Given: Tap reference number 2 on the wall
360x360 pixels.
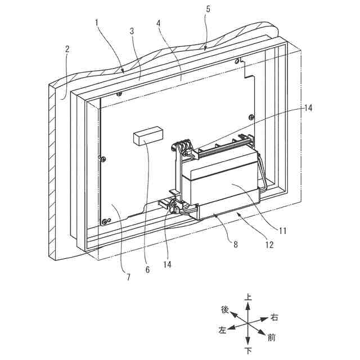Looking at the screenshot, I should [x=67, y=49].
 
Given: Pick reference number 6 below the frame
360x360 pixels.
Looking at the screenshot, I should [x=148, y=270].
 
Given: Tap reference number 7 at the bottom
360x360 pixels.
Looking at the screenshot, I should [x=128, y=277].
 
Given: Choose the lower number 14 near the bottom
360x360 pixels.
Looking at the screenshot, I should [x=166, y=263].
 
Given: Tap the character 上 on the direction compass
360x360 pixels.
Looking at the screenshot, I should [x=248, y=297].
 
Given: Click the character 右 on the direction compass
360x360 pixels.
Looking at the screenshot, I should [x=274, y=318].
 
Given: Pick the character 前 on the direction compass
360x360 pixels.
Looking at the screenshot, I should [x=272, y=338].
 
